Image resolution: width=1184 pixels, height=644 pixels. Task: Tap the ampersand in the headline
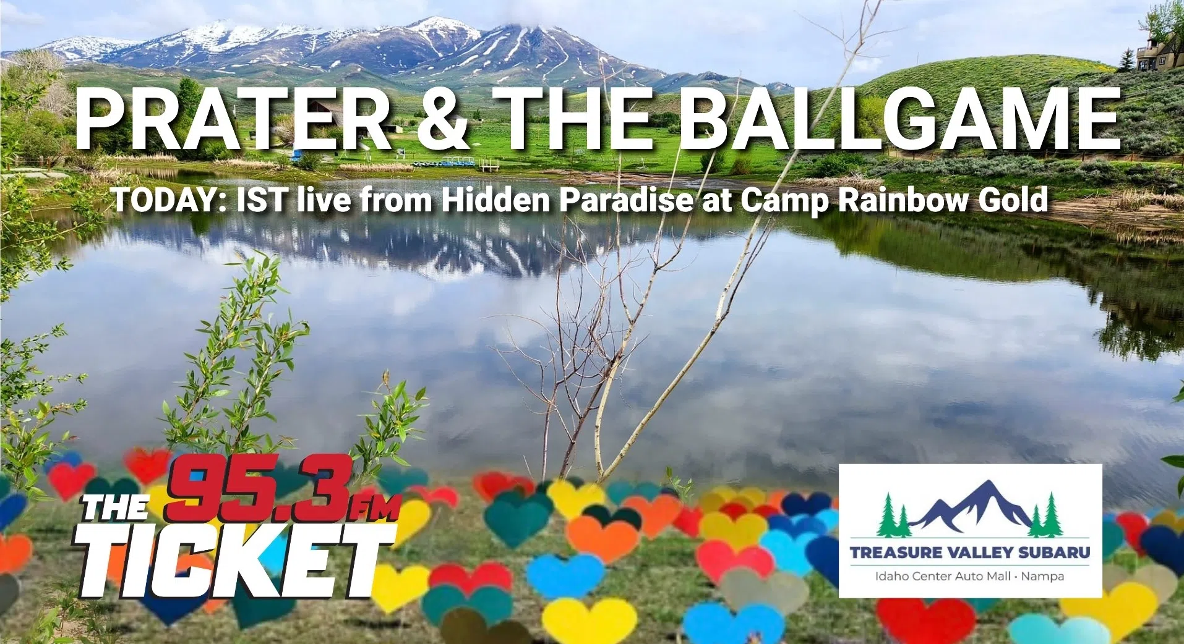[442, 119]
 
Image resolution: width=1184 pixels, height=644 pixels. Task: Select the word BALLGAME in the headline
[903, 119]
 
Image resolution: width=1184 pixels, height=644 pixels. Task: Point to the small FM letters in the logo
[374, 508]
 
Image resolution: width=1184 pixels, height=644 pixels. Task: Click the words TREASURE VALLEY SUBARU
[970, 552]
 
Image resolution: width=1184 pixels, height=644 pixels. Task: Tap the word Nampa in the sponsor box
[1043, 577]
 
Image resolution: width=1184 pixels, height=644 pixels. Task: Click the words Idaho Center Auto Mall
[942, 577]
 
